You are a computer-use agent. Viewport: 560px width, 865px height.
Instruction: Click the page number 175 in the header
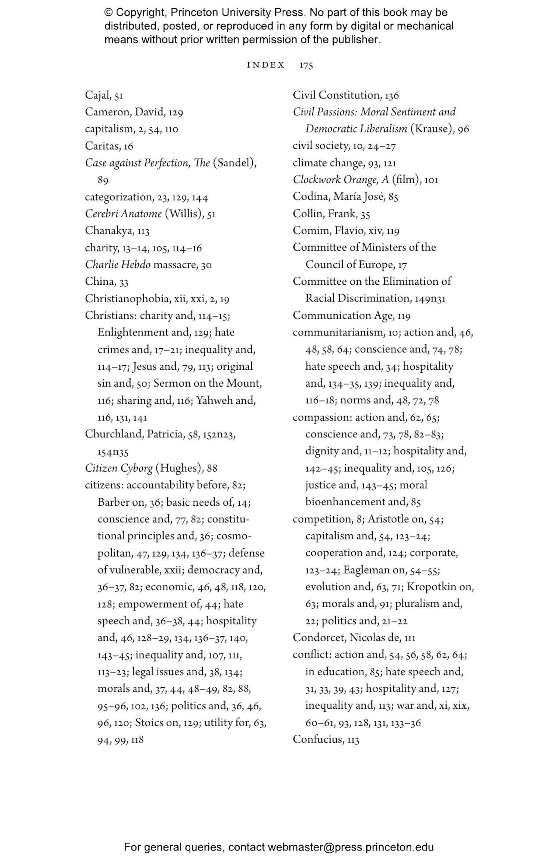[x=306, y=65]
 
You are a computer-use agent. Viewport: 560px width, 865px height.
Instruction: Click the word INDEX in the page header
[x=265, y=65]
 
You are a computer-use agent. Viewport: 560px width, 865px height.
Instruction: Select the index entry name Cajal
[x=97, y=96]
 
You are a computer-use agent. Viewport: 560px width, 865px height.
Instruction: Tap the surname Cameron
[x=108, y=112]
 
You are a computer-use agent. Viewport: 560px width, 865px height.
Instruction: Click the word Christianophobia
[x=127, y=299]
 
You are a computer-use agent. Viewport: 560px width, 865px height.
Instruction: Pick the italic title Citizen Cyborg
[x=119, y=468]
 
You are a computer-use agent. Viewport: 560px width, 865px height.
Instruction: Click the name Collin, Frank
[x=325, y=214]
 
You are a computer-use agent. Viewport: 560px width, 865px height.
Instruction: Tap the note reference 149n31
[x=430, y=299]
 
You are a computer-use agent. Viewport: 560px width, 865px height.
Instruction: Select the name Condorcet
[x=319, y=637]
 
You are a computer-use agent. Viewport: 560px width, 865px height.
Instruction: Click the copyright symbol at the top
[x=108, y=13]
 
